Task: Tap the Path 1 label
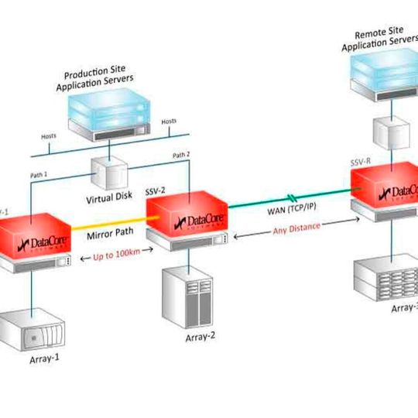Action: (x=39, y=175)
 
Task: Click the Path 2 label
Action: (x=180, y=156)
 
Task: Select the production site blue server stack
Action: (x=104, y=113)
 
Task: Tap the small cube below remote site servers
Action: (x=386, y=133)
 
